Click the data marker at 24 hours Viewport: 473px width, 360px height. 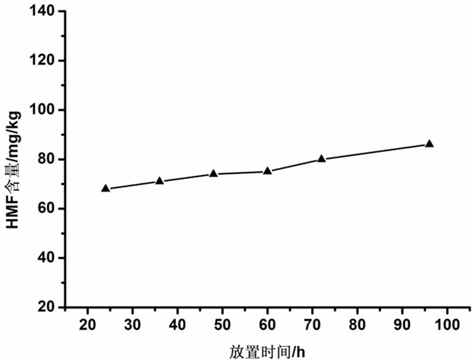pos(106,188)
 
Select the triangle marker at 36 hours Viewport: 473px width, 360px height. pos(160,181)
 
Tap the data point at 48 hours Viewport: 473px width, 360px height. pos(213,173)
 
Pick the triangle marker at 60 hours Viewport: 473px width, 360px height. pos(267,171)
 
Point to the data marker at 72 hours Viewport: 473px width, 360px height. pos(322,158)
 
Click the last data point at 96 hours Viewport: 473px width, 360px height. pos(429,144)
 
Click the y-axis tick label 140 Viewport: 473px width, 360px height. pos(42,12)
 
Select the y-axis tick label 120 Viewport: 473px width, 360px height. pos(42,61)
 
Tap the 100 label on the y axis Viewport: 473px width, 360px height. pos(42,110)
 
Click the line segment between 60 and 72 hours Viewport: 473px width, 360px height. pos(294,165)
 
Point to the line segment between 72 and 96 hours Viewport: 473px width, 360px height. pos(375,151)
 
